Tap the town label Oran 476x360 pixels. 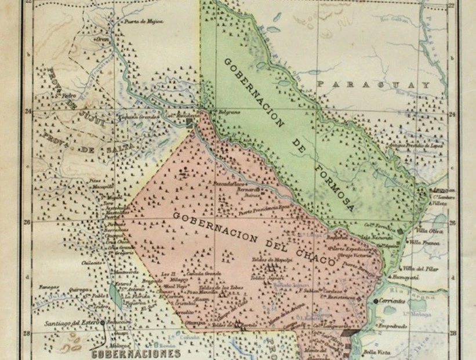point(103,39)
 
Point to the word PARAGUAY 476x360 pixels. point(374,85)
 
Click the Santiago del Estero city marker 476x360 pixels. point(103,322)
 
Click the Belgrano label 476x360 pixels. point(228,111)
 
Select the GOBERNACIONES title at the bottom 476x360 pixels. point(135,353)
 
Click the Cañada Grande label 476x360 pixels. point(202,273)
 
